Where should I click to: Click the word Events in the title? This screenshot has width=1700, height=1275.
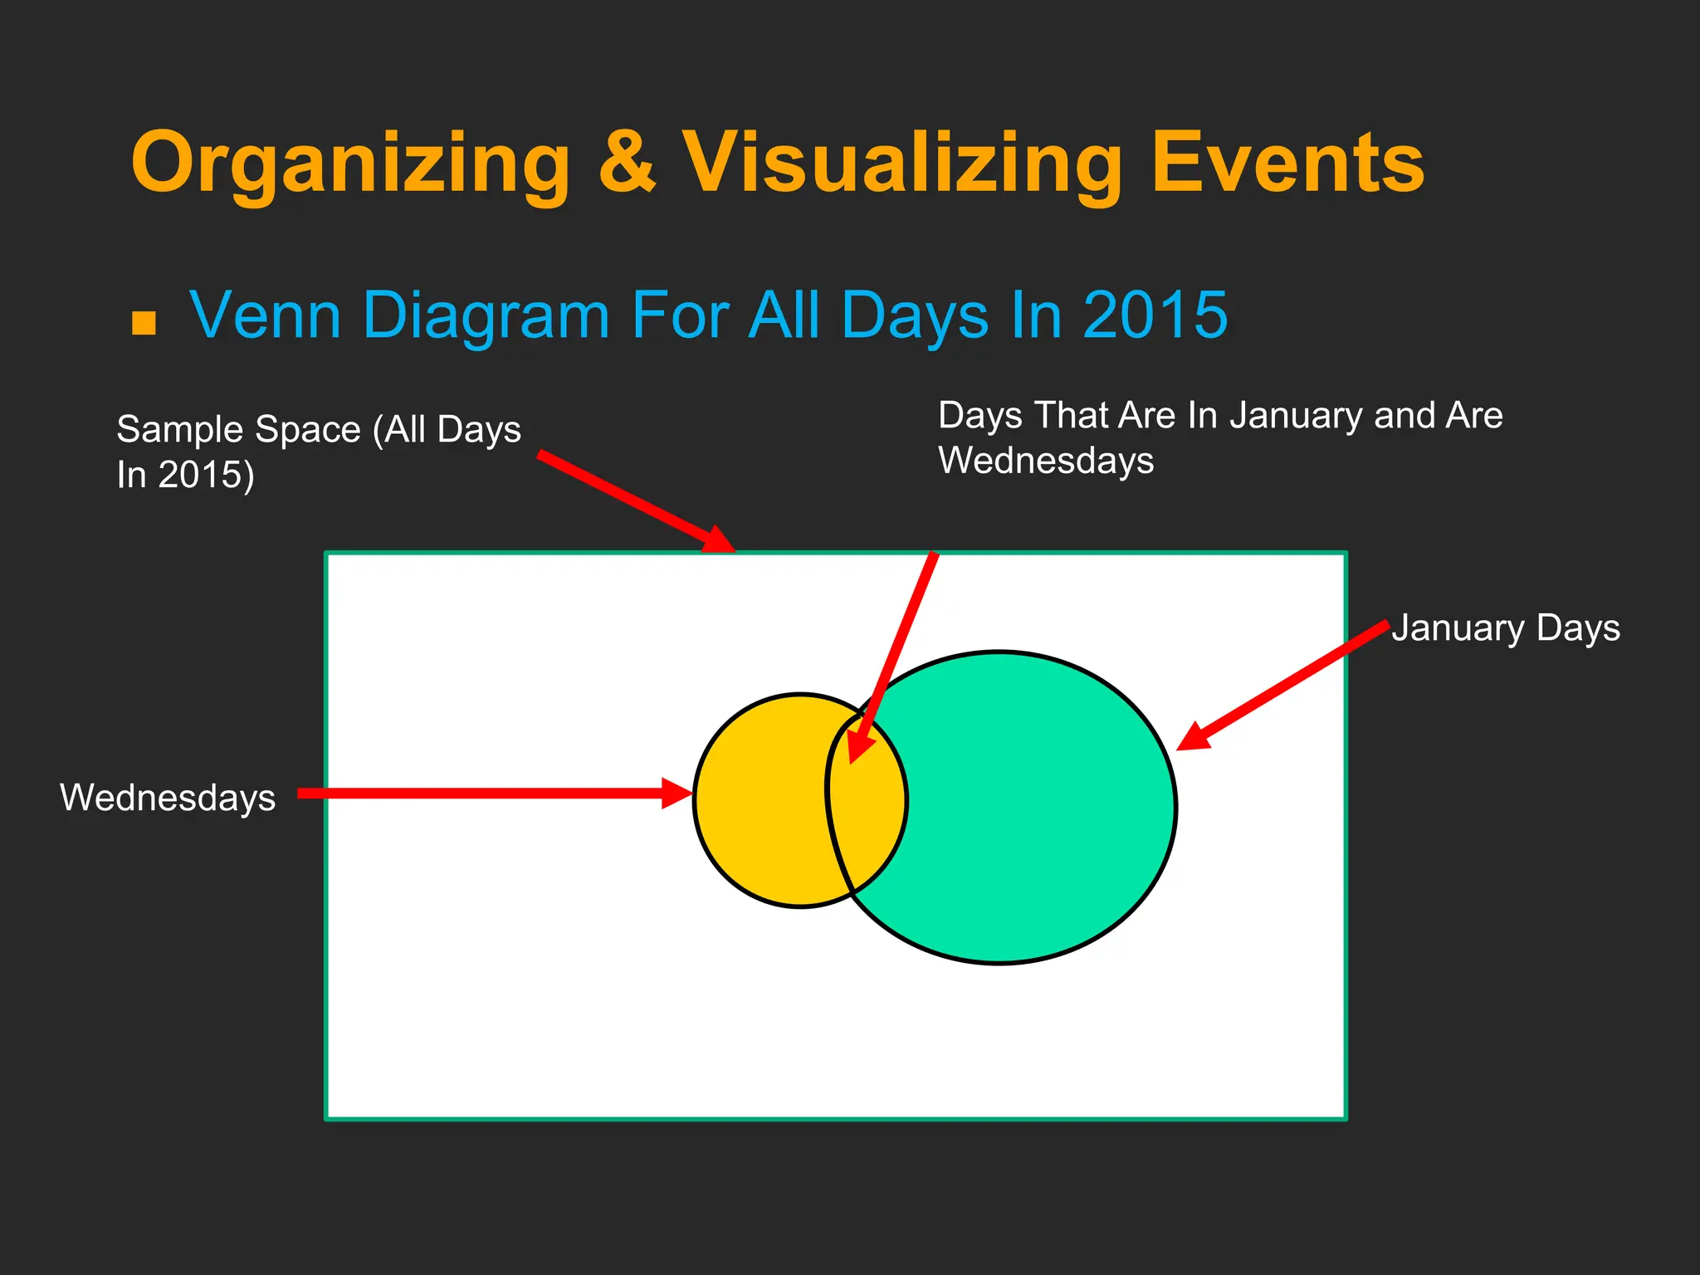[1287, 164]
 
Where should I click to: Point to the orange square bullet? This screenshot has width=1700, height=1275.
[144, 322]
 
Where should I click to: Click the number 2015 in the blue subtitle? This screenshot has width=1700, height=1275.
[1155, 315]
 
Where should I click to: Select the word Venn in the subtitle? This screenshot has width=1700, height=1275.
[266, 315]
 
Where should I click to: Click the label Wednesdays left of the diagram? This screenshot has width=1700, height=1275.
[168, 798]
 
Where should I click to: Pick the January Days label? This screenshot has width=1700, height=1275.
[1506, 628]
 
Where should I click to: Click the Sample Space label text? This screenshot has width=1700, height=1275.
[319, 430]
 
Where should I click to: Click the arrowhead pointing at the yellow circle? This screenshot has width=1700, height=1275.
[677, 793]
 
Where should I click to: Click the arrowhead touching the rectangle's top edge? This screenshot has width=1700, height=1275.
[717, 539]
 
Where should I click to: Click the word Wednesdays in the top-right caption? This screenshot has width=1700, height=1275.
[1046, 462]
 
